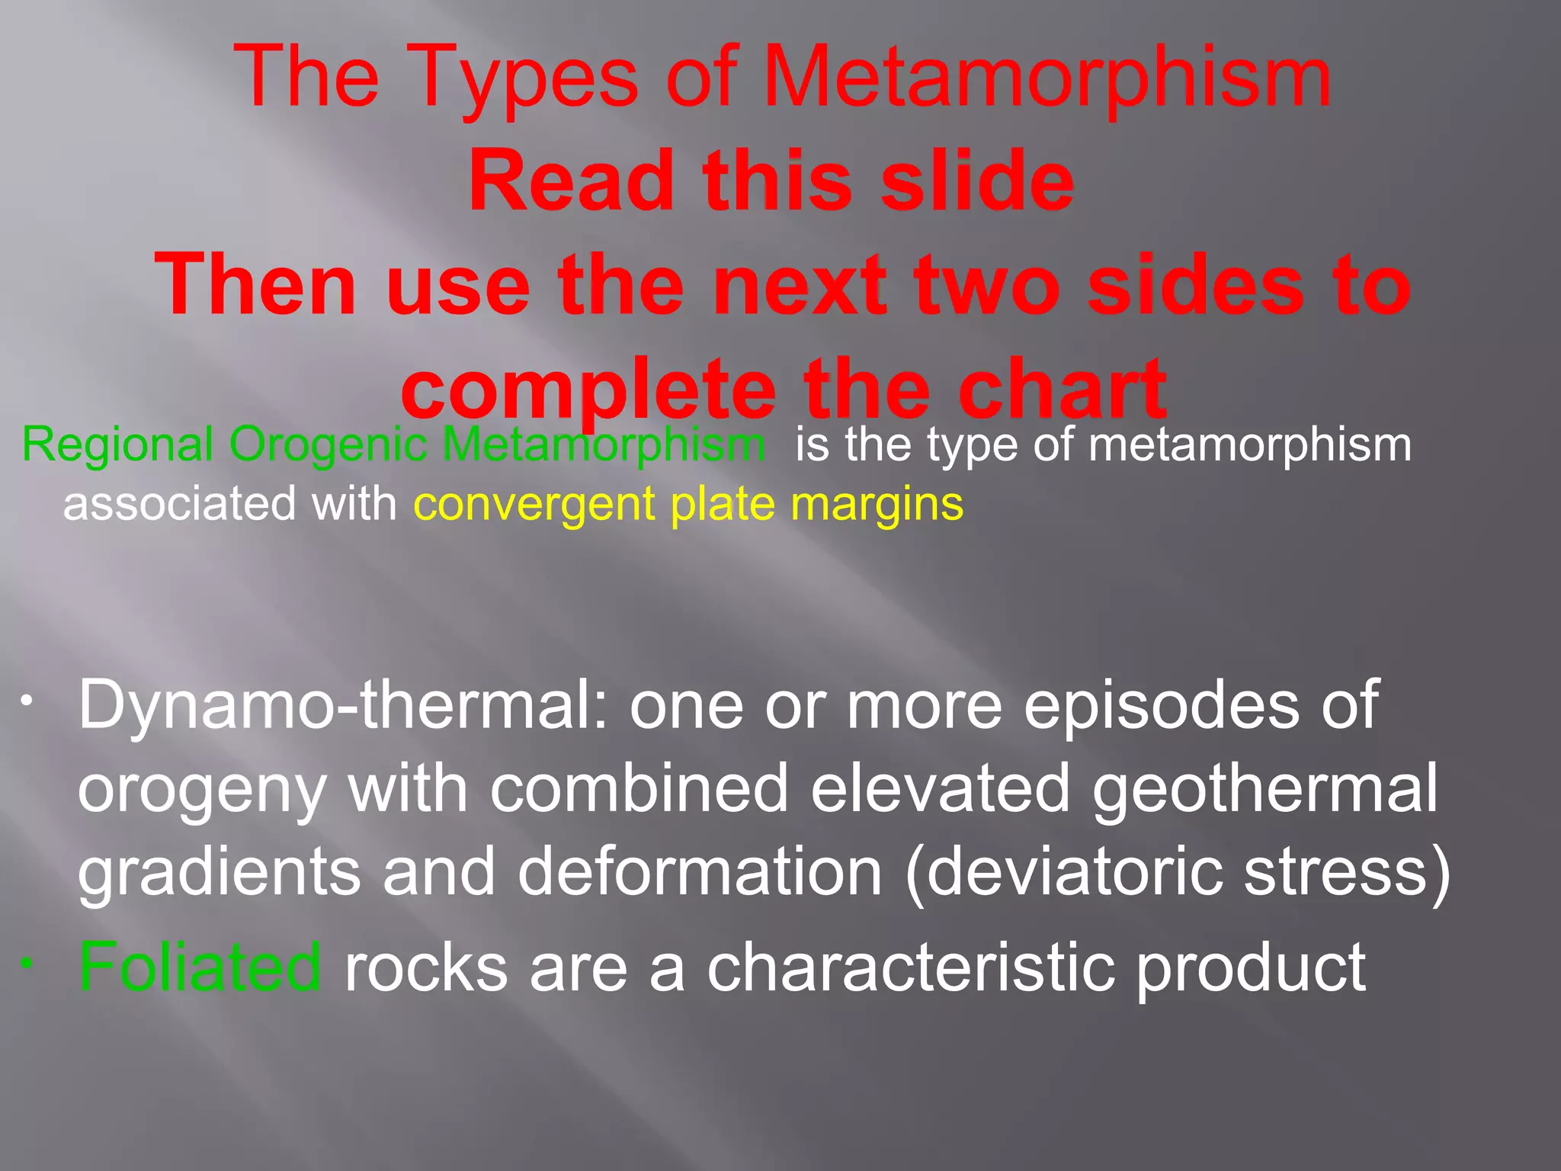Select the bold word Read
pos(571,181)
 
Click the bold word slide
pos(977,181)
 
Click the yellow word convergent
pos(534,504)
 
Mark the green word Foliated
pos(200,967)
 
